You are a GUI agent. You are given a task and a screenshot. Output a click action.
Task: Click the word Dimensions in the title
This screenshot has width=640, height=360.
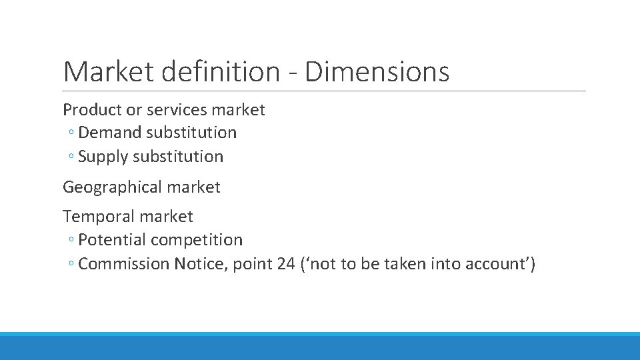click(x=377, y=71)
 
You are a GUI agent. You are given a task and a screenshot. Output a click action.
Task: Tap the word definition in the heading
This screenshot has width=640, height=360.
click(x=219, y=71)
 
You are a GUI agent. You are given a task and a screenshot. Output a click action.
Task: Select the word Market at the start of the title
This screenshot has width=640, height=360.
click(x=107, y=71)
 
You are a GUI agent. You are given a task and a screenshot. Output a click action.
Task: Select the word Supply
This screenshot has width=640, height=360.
click(x=103, y=157)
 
